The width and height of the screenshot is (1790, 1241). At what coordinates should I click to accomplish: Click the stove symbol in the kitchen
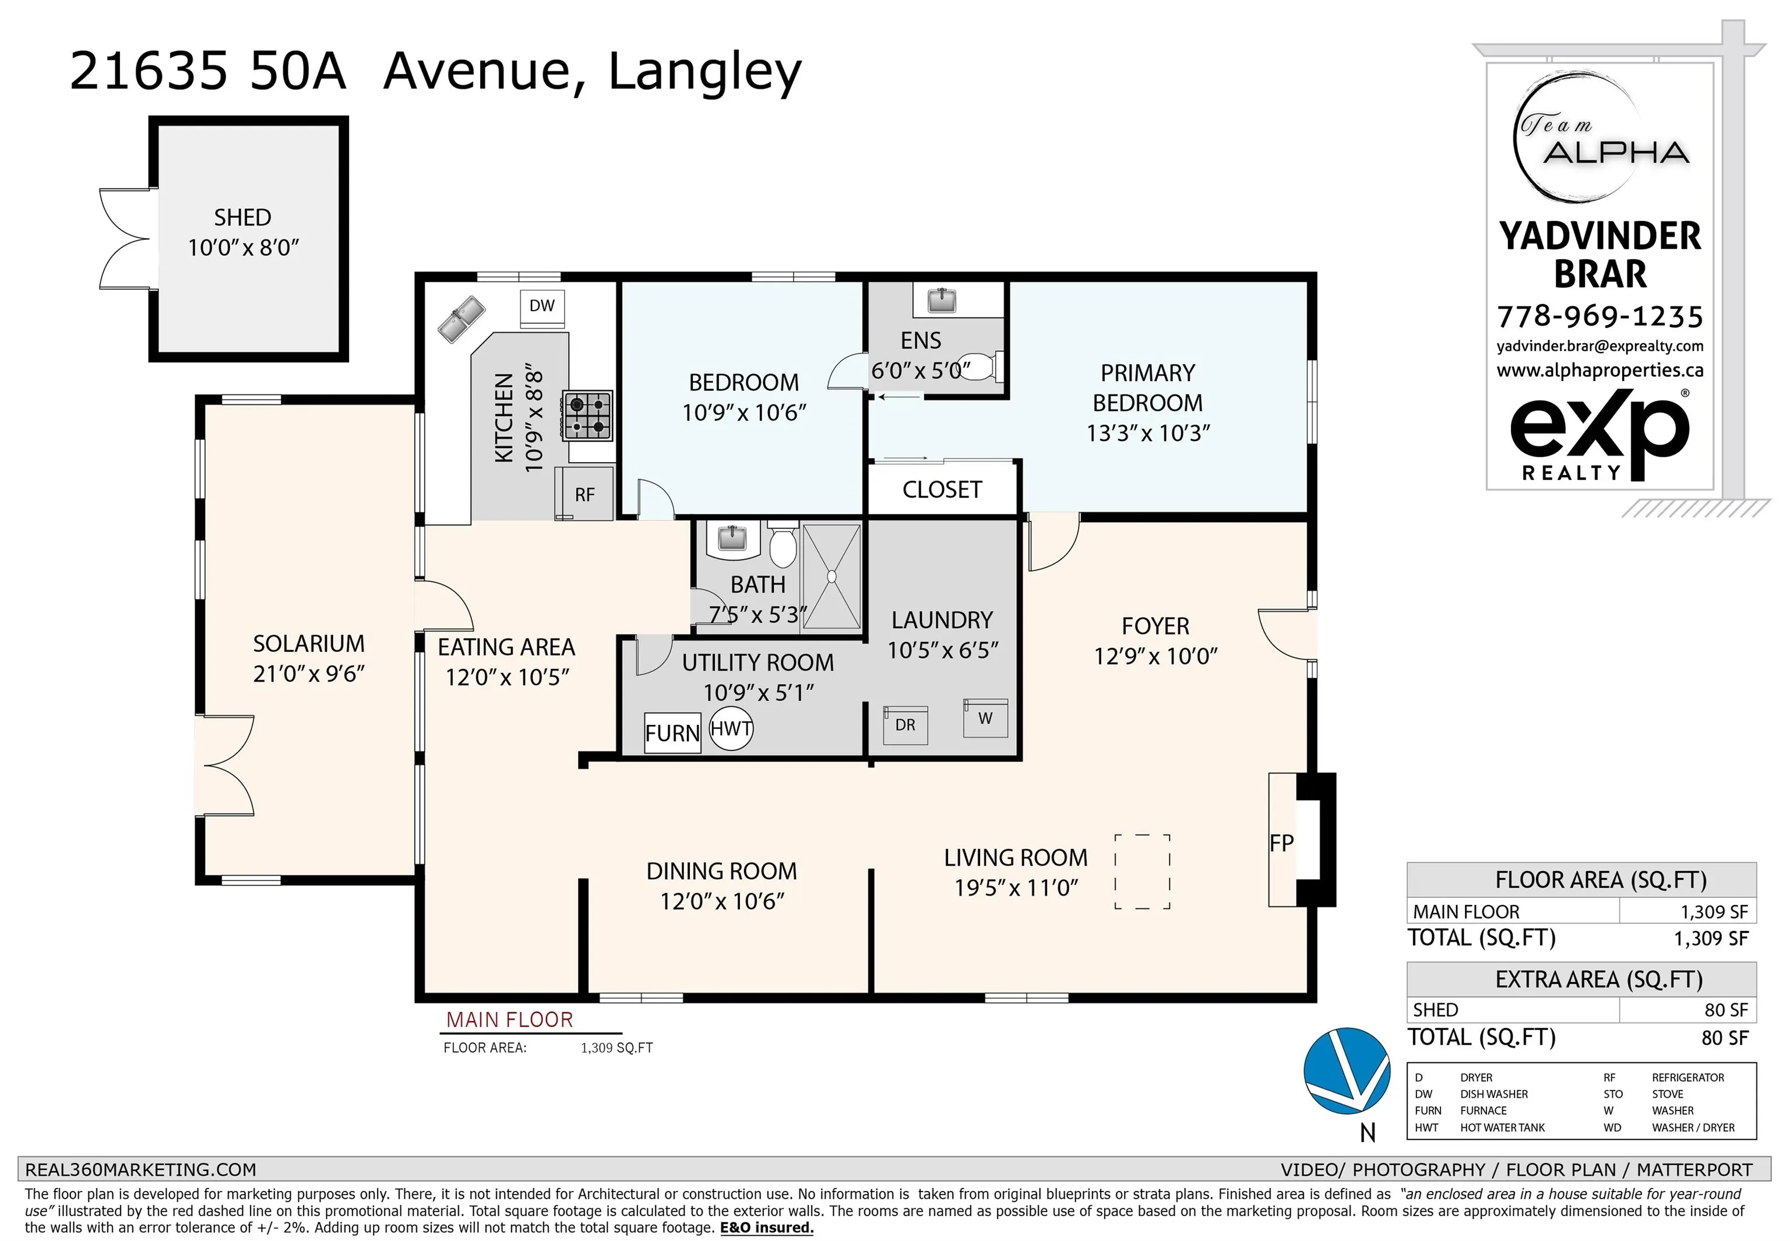pyautogui.click(x=589, y=415)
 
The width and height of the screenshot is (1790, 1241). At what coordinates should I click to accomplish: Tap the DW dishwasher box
pyautogui.click(x=542, y=306)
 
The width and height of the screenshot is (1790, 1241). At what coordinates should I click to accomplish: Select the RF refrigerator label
pyautogui.click(x=585, y=495)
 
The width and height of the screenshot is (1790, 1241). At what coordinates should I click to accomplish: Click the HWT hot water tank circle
pyautogui.click(x=731, y=729)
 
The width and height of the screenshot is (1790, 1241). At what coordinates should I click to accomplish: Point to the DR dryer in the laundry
pyautogui.click(x=905, y=725)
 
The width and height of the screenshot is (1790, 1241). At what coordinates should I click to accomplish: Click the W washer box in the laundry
pyautogui.click(x=985, y=718)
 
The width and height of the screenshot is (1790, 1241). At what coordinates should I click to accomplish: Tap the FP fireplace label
pyautogui.click(x=1281, y=843)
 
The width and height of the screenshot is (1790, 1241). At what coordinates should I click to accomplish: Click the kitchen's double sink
pyautogui.click(x=461, y=319)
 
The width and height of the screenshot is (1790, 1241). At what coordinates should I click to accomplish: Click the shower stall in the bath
pyautogui.click(x=831, y=576)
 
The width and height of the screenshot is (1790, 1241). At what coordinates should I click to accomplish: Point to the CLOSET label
pyautogui.click(x=942, y=490)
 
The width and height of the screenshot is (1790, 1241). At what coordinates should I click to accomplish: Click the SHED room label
pyautogui.click(x=242, y=218)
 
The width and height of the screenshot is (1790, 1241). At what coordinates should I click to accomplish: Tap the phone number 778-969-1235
pyautogui.click(x=1600, y=316)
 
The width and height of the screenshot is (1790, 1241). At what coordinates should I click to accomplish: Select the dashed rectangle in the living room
pyautogui.click(x=1142, y=871)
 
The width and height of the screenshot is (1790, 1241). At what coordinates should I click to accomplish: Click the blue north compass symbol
pyautogui.click(x=1347, y=1071)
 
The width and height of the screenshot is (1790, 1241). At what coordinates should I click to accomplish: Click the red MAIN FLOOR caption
pyautogui.click(x=509, y=1020)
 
